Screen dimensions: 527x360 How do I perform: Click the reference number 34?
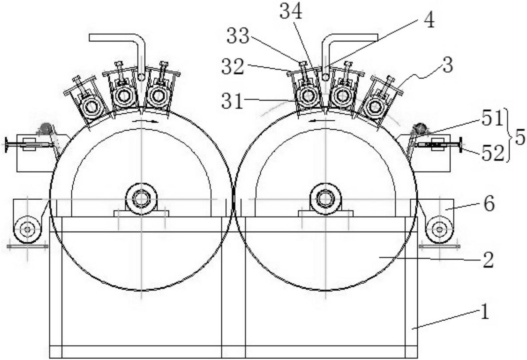tap(291, 12)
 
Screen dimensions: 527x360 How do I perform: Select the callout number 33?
tap(238, 36)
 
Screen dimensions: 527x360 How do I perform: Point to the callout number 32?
tap(233, 67)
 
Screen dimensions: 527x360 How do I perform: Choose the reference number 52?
tap(493, 153)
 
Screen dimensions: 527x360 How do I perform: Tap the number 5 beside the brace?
tap(520, 137)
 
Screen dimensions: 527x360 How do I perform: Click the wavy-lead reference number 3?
tap(447, 66)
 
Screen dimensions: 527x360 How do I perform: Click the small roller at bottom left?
tap(27, 229)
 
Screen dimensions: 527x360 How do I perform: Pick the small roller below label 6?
tap(439, 229)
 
